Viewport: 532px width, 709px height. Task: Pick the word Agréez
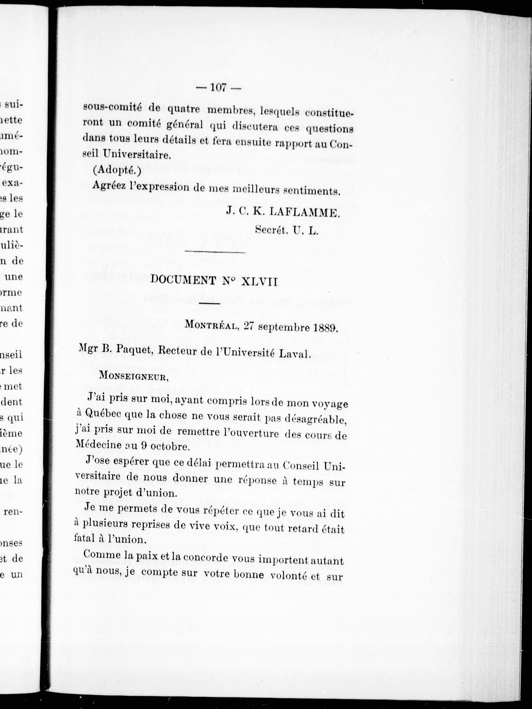(108, 186)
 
